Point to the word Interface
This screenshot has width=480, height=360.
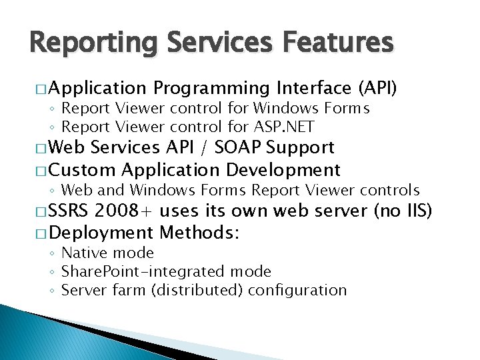pos(313,88)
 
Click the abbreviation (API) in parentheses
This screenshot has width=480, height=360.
pos(377,88)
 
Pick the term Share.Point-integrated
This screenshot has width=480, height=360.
pos(143,272)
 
